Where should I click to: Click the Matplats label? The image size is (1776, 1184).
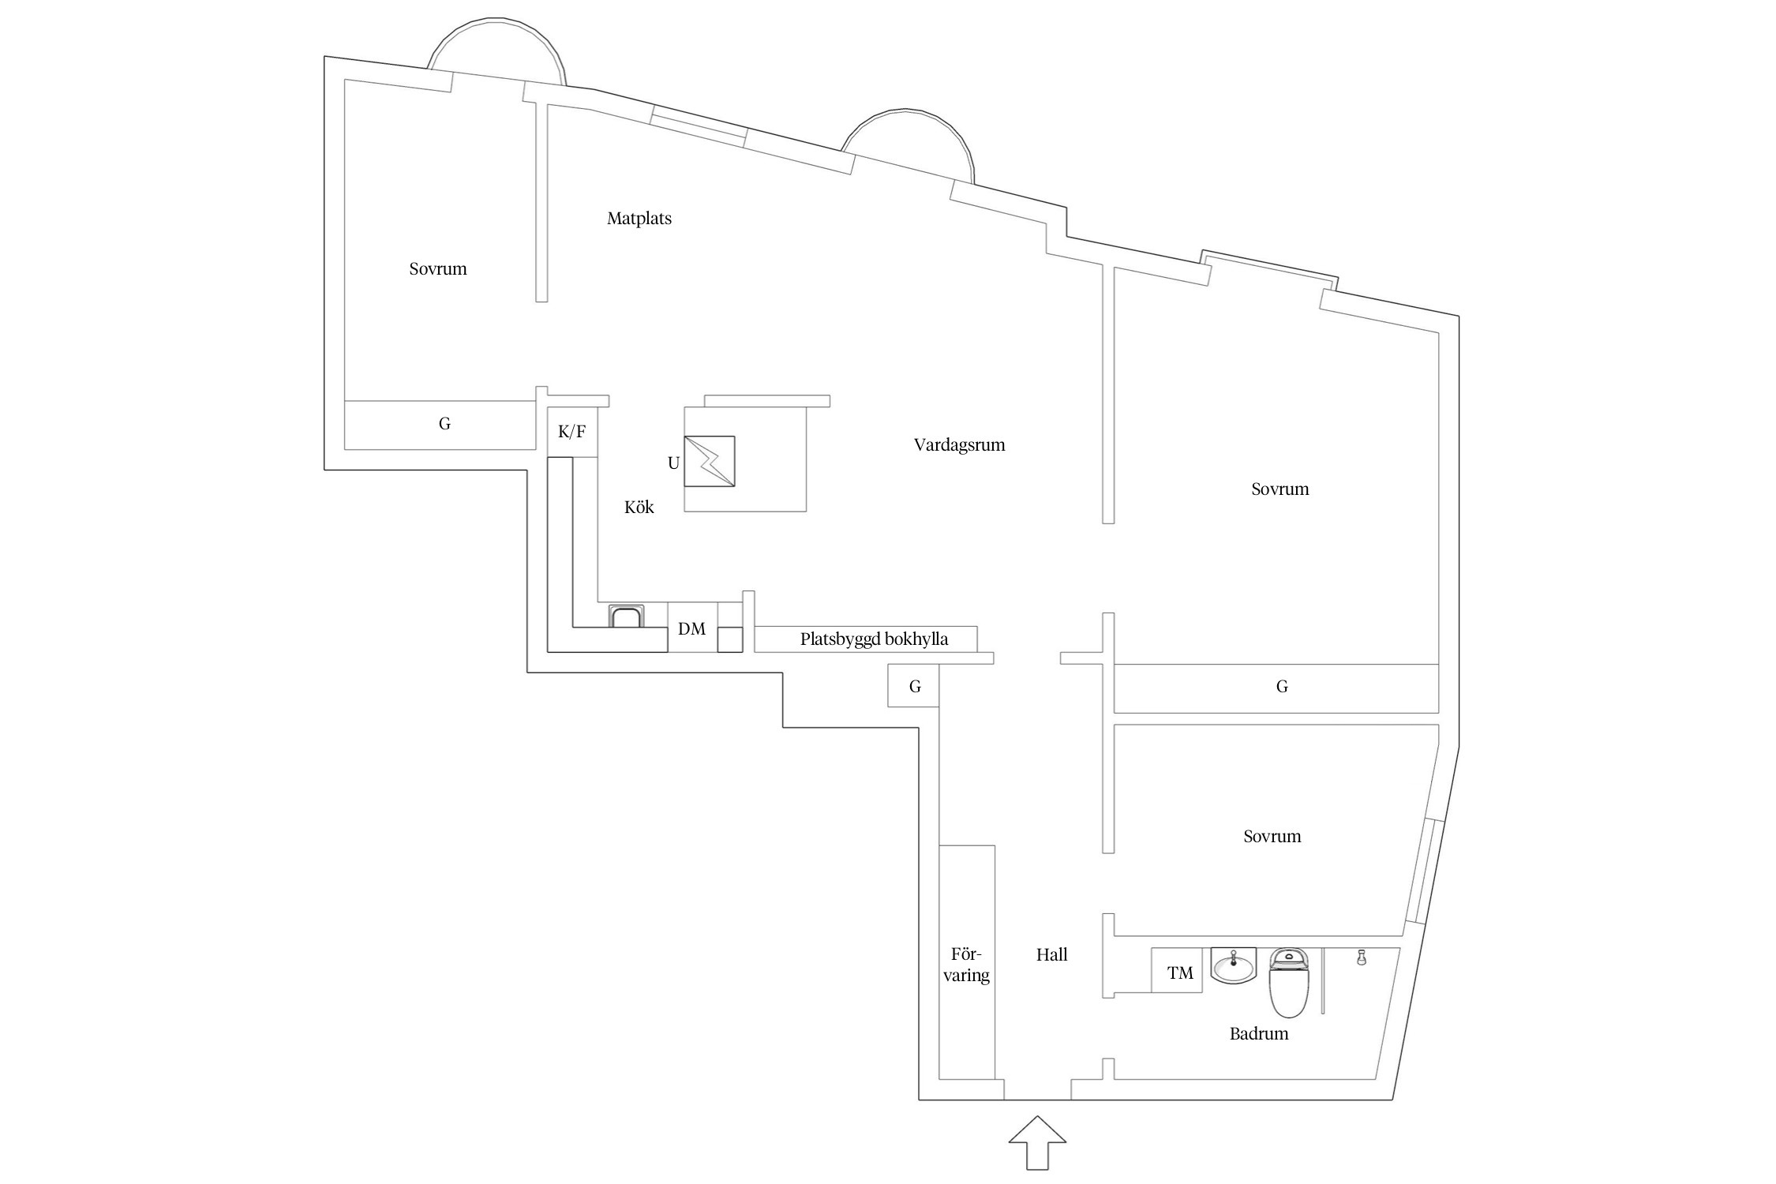(x=639, y=219)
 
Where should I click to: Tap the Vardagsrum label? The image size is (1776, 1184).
(x=959, y=444)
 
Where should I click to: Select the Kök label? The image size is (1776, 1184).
(x=639, y=507)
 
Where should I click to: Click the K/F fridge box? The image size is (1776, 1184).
(x=572, y=432)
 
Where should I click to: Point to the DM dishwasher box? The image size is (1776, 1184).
(x=692, y=628)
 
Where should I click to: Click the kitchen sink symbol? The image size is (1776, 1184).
(x=626, y=616)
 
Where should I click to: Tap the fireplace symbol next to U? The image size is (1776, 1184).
(x=709, y=461)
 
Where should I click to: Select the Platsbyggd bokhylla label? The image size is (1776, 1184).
(x=874, y=639)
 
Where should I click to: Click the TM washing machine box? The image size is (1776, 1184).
(x=1179, y=973)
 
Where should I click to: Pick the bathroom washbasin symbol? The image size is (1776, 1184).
(x=1233, y=965)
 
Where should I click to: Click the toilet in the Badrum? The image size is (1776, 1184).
(x=1288, y=984)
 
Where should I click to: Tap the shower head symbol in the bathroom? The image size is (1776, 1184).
(x=1361, y=957)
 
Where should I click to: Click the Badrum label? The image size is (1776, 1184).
(x=1258, y=1034)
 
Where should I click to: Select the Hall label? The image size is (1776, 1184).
(x=1051, y=955)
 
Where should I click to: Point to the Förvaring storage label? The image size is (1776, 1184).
(x=966, y=965)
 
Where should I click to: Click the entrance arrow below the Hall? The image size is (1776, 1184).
(x=1037, y=1141)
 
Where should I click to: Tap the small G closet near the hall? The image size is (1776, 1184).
(x=914, y=686)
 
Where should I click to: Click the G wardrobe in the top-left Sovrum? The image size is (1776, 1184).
(x=444, y=425)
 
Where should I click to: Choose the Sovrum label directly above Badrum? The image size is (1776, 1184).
(x=1272, y=837)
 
